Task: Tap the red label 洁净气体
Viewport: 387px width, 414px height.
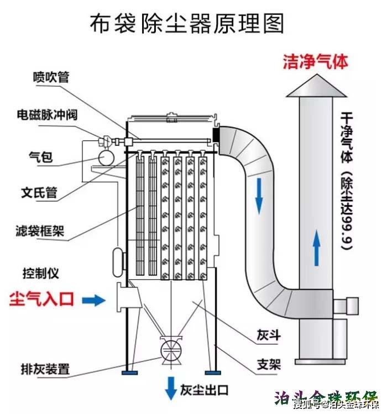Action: [316, 61]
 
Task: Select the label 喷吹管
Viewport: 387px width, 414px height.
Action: [51, 77]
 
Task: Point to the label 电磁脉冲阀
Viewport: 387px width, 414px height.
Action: [46, 115]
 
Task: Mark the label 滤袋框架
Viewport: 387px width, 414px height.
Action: [40, 230]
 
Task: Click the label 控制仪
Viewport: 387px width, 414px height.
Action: [40, 273]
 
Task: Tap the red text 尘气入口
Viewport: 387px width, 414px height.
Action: [41, 299]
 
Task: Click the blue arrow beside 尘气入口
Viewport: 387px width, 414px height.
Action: [93, 300]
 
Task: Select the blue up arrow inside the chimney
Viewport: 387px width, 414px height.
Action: [316, 247]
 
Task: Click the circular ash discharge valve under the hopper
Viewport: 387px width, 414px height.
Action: [171, 349]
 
